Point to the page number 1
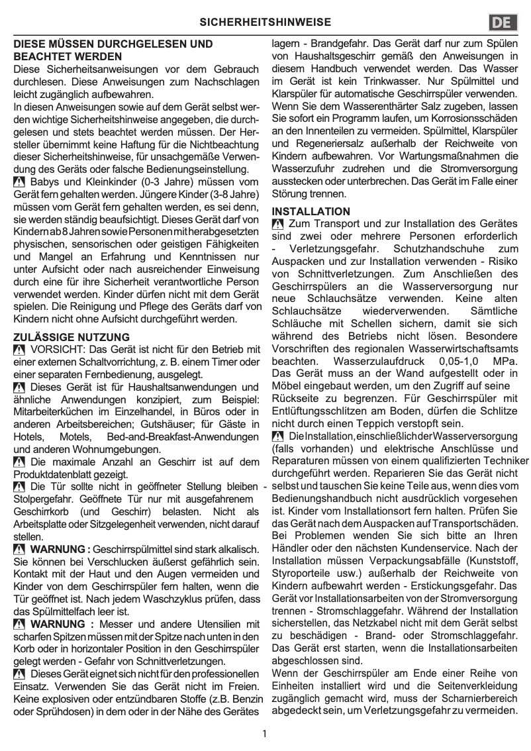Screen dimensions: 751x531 click(x=265, y=733)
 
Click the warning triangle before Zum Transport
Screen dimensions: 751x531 click(x=278, y=225)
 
